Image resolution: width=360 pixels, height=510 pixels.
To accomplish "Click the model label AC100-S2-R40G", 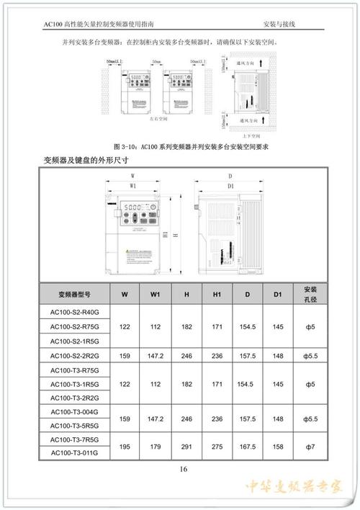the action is [75, 313].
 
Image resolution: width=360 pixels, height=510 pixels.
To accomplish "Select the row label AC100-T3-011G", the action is [75, 453].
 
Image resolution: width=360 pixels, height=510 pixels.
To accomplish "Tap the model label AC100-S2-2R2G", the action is [75, 355].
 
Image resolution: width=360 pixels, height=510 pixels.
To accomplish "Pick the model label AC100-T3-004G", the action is [75, 411].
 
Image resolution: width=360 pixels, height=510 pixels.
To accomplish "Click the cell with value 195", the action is [125, 446].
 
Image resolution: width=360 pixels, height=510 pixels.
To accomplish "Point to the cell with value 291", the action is [186, 446].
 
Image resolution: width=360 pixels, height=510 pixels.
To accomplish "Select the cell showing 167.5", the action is [247, 446].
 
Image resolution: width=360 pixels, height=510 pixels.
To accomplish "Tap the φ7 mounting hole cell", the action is [310, 446].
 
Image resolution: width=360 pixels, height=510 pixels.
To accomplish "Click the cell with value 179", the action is [156, 446].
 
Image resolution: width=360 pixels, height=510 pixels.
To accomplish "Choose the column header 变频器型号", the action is [75, 294].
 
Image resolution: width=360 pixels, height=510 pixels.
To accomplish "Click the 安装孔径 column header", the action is [310, 294].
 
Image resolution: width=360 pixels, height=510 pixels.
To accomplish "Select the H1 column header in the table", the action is [217, 294].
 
